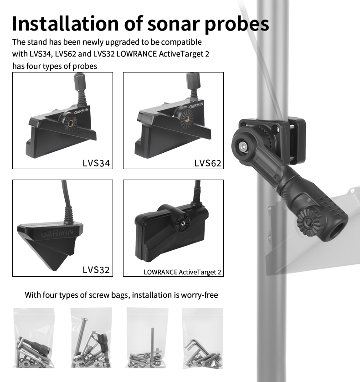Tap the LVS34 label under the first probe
coord(96,163)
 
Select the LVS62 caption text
coord(208,163)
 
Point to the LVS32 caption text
coord(96,270)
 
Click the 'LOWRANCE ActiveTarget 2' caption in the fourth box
coord(182,272)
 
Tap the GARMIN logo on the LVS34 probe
coord(81,111)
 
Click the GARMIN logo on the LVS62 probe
coord(196,105)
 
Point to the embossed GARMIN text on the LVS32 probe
coord(57,233)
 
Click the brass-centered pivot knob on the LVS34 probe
coord(71,123)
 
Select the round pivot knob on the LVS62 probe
coord(186,118)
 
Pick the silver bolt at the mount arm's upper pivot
coord(242,146)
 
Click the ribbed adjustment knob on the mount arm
coord(308,222)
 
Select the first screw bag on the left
coord(34,338)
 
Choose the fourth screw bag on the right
coord(202,338)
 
